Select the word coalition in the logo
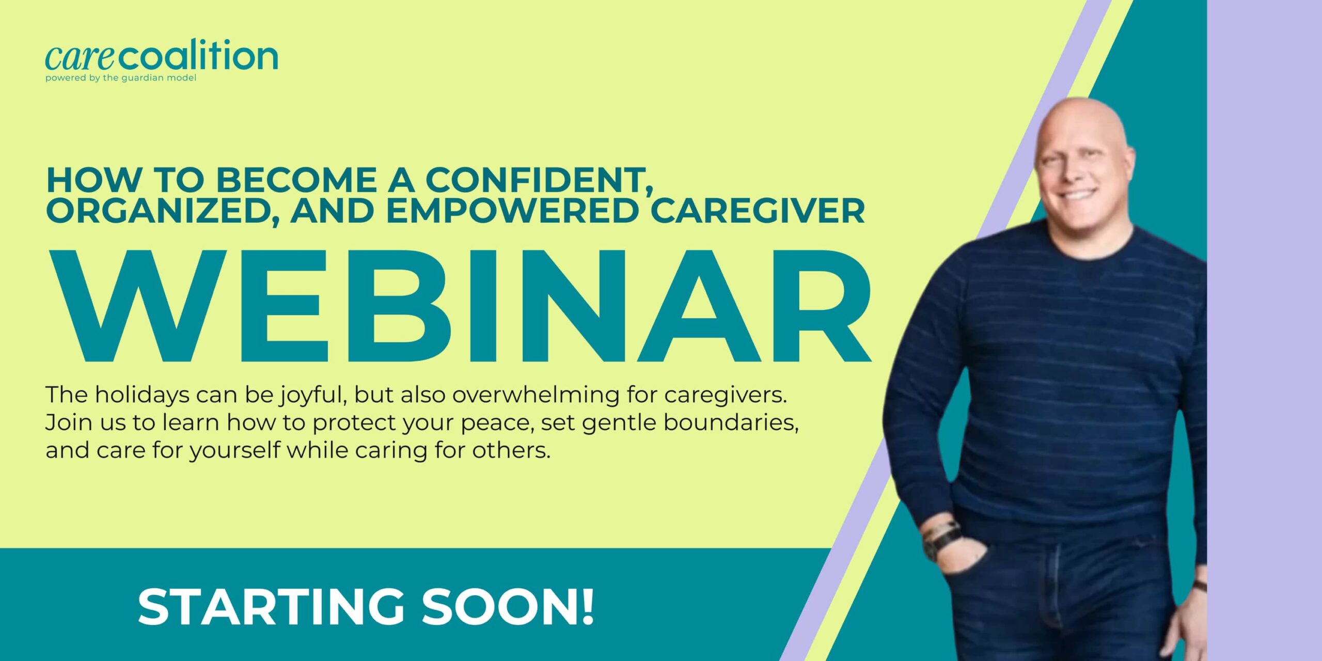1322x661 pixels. (x=198, y=55)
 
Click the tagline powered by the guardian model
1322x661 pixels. (x=121, y=78)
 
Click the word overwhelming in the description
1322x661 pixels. (x=536, y=396)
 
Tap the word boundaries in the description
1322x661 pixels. (x=731, y=422)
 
